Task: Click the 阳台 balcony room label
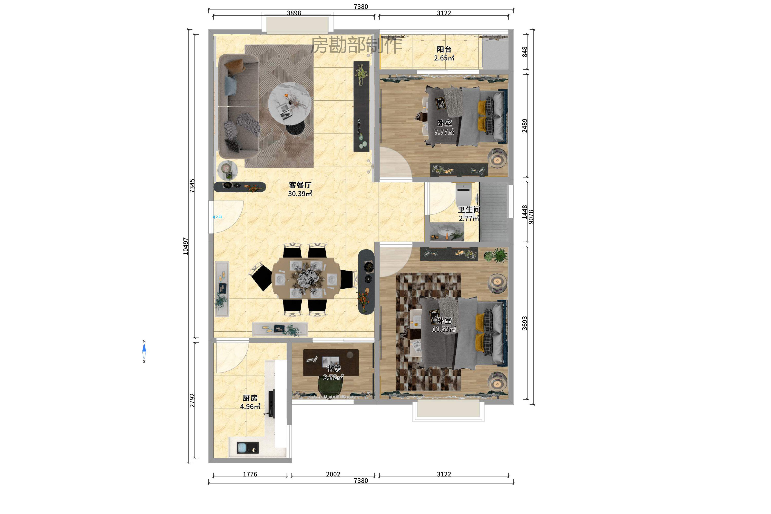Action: point(444,50)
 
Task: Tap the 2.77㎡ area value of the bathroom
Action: point(469,218)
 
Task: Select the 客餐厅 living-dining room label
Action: point(300,185)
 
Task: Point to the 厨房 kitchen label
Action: point(250,398)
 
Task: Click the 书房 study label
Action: point(333,369)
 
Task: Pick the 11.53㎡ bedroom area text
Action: point(444,329)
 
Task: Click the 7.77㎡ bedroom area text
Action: point(444,132)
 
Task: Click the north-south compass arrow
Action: point(144,351)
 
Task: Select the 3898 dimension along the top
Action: point(294,13)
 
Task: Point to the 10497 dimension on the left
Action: point(186,246)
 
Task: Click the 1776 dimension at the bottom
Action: point(250,474)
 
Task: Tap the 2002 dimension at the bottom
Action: point(333,474)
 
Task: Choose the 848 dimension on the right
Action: point(525,52)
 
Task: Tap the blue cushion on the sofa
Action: point(231,86)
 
